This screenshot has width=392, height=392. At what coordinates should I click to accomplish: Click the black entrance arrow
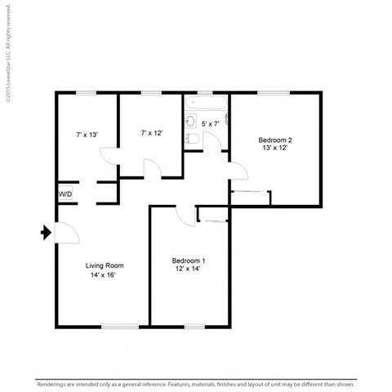coord(45,234)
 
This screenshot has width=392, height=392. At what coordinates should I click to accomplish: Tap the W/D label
coord(65,194)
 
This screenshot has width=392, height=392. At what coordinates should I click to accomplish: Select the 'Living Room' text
coord(105,265)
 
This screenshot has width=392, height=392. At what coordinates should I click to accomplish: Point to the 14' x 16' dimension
coord(105,275)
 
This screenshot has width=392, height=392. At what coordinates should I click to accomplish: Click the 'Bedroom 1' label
coord(189,261)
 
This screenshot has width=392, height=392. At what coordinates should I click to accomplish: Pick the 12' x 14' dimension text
coord(188,270)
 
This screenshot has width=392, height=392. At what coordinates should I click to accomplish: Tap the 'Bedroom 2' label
coord(275,140)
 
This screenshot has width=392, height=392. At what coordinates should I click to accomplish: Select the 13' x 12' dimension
coord(275,149)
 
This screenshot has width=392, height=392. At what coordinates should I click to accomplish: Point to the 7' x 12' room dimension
coord(152,132)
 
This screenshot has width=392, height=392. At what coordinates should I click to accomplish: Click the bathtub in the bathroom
coord(206,104)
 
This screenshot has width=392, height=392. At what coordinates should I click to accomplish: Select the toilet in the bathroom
coord(192,139)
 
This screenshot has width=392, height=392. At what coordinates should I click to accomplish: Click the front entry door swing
coord(65,233)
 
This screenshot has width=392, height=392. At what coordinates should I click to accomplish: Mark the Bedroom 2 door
coord(238,170)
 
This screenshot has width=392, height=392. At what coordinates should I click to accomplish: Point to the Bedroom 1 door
coord(186,214)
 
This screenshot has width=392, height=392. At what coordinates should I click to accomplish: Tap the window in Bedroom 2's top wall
coord(275,94)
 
